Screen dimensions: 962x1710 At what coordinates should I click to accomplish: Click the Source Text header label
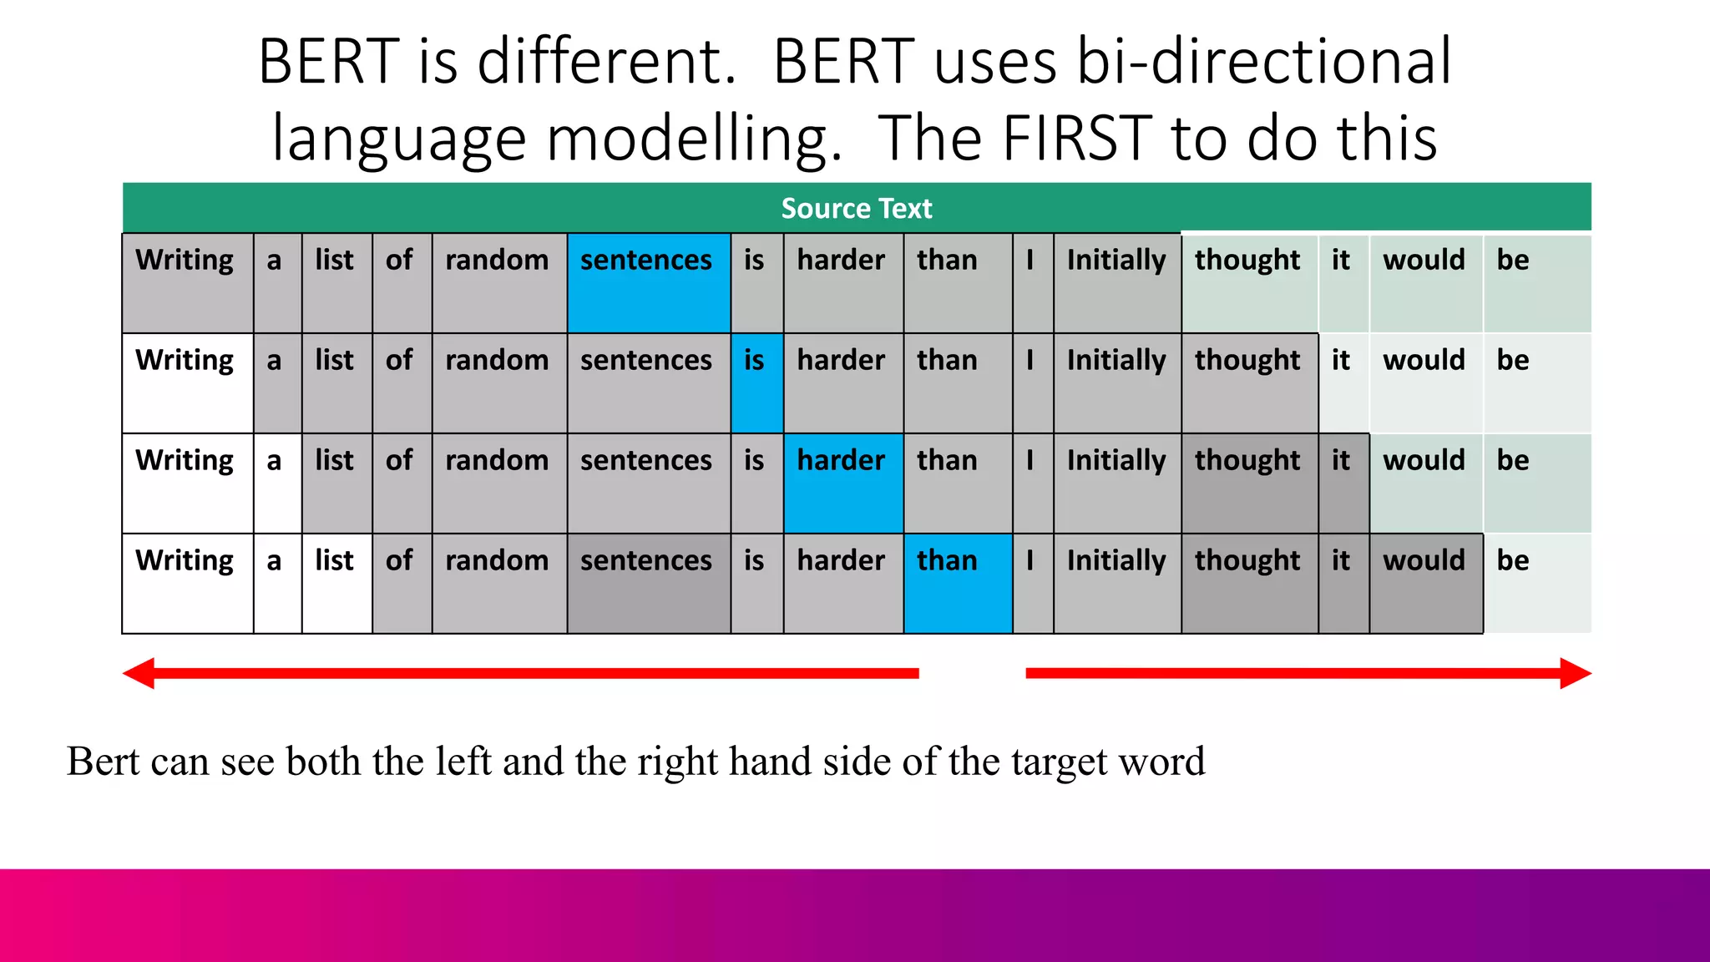point(856,208)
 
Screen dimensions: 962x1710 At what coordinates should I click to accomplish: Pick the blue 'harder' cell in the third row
point(842,483)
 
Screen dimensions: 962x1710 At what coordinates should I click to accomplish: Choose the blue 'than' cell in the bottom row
point(957,583)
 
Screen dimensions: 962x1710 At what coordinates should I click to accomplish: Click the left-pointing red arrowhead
point(139,673)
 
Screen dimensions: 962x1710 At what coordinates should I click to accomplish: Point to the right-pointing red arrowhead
point(1575,673)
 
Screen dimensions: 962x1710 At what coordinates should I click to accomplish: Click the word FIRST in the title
point(1077,138)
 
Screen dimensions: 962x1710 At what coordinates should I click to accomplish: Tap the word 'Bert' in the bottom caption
point(102,761)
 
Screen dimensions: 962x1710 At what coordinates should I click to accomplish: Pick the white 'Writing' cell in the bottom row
point(187,583)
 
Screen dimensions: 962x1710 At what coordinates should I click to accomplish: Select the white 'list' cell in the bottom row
point(336,583)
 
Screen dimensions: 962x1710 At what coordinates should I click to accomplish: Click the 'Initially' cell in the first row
point(1116,282)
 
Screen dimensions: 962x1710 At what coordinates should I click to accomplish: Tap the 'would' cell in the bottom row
point(1424,583)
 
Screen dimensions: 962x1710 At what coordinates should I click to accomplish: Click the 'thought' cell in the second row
point(1248,382)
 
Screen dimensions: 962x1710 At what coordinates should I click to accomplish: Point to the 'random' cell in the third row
point(498,483)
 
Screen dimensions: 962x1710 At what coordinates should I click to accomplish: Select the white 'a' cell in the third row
point(276,483)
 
